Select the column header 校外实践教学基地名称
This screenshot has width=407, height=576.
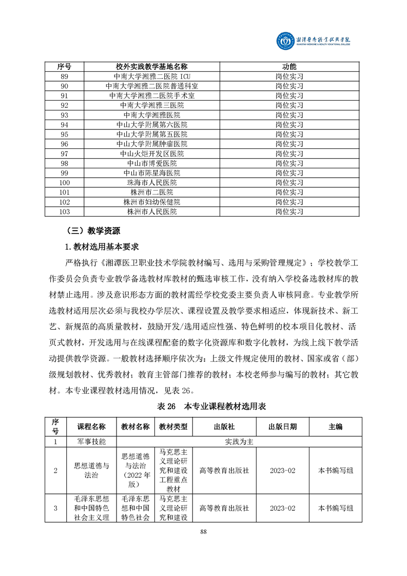pyautogui.click(x=151, y=67)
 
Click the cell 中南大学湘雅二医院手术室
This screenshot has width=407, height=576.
pyautogui.click(x=151, y=95)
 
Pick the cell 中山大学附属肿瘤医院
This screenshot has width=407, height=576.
pyautogui.click(x=151, y=144)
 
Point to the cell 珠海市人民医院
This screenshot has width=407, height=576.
pyautogui.click(x=151, y=182)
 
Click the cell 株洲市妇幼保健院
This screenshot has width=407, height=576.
pyautogui.click(x=151, y=202)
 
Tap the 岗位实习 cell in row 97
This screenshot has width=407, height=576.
pyautogui.click(x=289, y=153)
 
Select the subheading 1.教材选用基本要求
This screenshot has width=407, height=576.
pyautogui.click(x=98, y=247)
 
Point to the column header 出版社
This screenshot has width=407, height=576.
pyautogui.click(x=224, y=427)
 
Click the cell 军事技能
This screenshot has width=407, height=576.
pyautogui.click(x=92, y=441)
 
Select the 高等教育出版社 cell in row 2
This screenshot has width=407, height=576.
pyautogui.click(x=224, y=470)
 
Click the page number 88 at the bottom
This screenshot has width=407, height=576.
pyautogui.click(x=203, y=531)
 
